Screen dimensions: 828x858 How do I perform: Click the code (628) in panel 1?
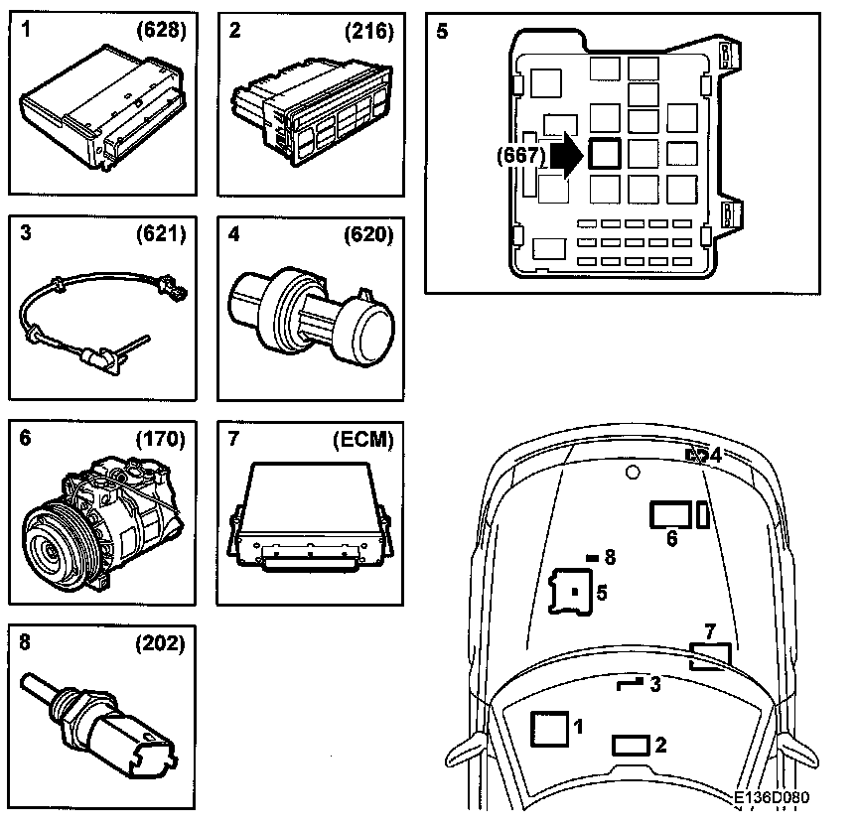coord(161,31)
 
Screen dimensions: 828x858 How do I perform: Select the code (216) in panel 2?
coord(369,31)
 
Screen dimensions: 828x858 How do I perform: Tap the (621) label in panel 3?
coord(161,235)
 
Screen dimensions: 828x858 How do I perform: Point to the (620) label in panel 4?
coord(369,235)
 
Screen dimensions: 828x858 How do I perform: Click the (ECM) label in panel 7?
coord(362,440)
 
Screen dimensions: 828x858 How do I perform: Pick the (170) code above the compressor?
coord(161,440)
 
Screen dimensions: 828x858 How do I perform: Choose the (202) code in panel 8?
coord(161,643)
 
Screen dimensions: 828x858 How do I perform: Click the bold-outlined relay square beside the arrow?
coord(605,154)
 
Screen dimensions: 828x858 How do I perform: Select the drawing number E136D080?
coord(773,797)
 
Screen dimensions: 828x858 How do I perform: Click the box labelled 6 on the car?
coord(671,513)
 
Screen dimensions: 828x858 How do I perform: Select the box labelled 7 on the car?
coord(710,655)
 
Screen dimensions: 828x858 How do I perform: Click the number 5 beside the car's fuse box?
coord(602,593)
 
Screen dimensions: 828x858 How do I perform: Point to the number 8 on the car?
coord(610,557)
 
